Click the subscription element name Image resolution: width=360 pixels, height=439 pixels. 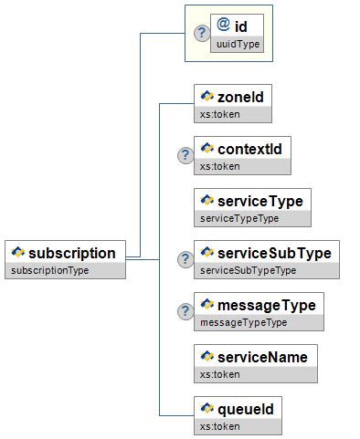click(x=72, y=253)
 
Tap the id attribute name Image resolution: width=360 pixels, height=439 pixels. click(x=241, y=27)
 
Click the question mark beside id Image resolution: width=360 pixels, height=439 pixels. click(x=202, y=33)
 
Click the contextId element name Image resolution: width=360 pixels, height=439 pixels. click(x=249, y=148)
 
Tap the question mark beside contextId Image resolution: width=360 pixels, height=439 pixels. click(x=185, y=154)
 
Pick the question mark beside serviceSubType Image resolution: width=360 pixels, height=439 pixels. click(x=185, y=258)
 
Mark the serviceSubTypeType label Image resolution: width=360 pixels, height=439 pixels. click(x=248, y=271)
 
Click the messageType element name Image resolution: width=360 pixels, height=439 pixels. click(x=267, y=304)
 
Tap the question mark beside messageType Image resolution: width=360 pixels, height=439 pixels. click(x=185, y=310)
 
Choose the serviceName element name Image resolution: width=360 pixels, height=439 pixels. click(x=261, y=356)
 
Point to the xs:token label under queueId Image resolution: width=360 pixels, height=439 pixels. click(x=219, y=426)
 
